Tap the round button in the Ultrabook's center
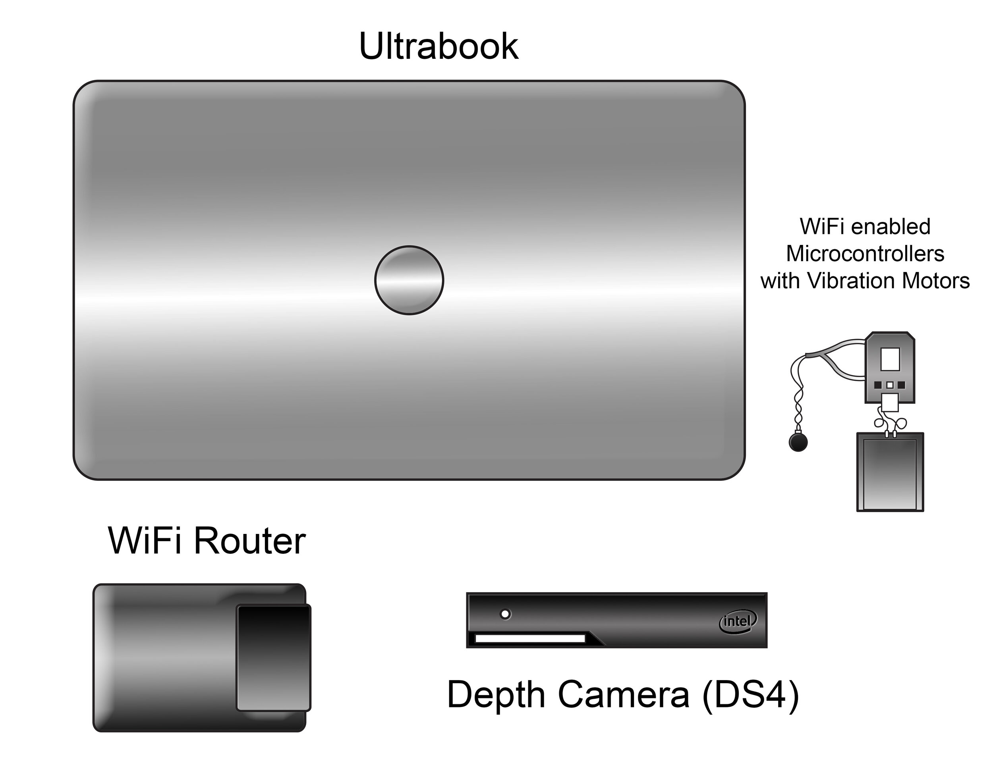click(409, 280)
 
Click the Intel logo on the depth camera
click(737, 621)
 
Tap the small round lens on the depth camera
click(505, 614)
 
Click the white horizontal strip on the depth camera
click(530, 639)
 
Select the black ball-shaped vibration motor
click(798, 442)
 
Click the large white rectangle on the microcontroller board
click(890, 359)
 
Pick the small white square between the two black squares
click(890, 385)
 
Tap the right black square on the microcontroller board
click(901, 385)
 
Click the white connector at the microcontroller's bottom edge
click(890, 402)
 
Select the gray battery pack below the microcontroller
click(890, 472)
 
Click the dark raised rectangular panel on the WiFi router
click(273, 658)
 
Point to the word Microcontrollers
click(865, 254)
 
